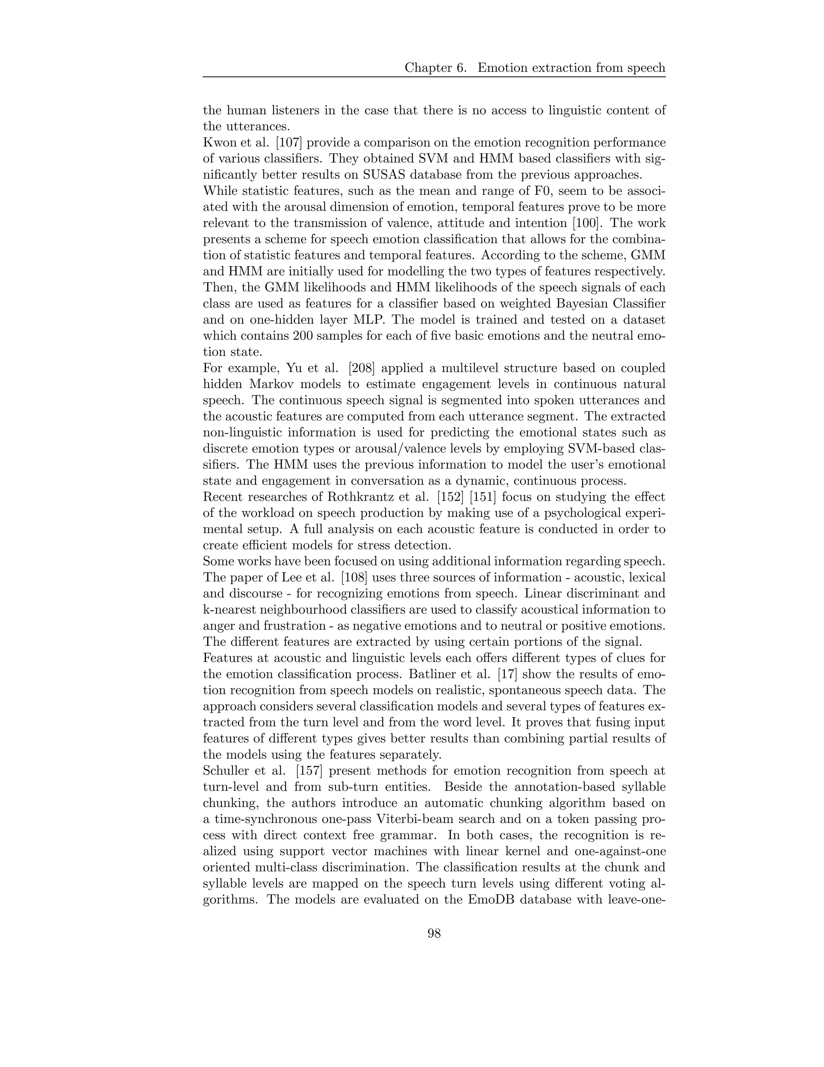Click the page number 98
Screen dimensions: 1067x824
(x=434, y=934)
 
